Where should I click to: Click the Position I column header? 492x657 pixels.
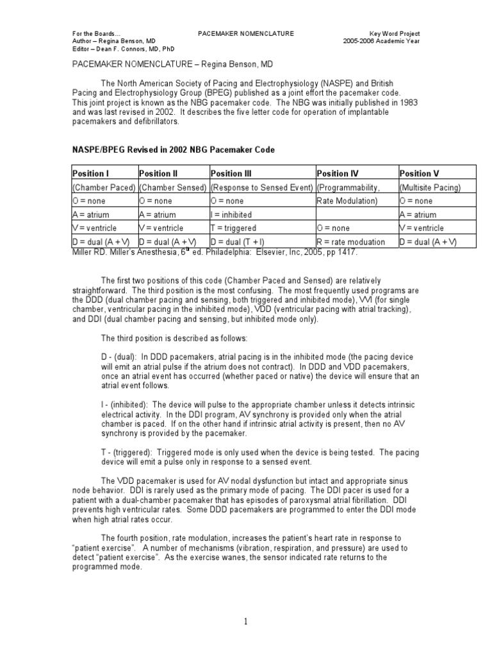[x=91, y=173]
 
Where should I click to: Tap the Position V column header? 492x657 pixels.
[x=420, y=173]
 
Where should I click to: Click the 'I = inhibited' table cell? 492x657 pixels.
[x=231, y=215]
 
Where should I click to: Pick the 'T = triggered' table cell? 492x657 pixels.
[x=233, y=228]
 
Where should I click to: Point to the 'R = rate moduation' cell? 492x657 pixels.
[x=351, y=242]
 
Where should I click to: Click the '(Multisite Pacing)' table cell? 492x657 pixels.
[x=430, y=187]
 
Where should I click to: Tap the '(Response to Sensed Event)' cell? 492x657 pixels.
[x=262, y=187]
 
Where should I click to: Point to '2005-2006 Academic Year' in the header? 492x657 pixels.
[x=382, y=41]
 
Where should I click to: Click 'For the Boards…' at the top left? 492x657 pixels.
[x=94, y=33]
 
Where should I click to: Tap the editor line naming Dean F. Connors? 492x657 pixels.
[x=122, y=49]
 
